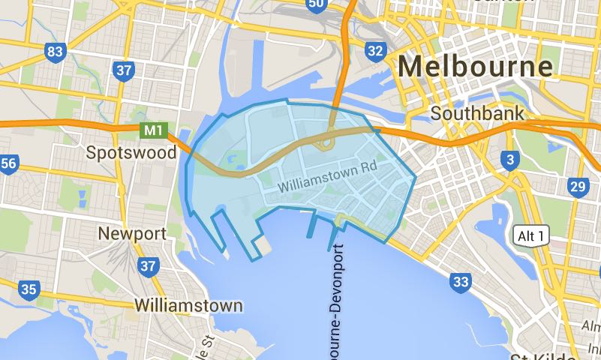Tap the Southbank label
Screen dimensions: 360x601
coord(477,115)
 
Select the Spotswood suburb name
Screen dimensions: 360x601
coord(131,153)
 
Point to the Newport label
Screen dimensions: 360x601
coord(132,233)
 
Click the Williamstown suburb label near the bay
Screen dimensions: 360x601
coord(188,306)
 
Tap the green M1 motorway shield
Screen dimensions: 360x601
coord(153,130)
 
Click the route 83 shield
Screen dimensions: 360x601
coord(55,52)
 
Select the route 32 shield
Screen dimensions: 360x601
coord(376,51)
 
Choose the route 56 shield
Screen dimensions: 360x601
coord(8,163)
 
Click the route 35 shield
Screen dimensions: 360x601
coord(29,289)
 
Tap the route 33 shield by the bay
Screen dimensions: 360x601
coord(461,282)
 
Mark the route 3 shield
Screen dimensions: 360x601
coord(510,160)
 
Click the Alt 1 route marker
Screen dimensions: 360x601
coord(533,236)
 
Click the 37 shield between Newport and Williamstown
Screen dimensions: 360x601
coord(149,265)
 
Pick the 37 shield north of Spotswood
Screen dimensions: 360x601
coord(124,71)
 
